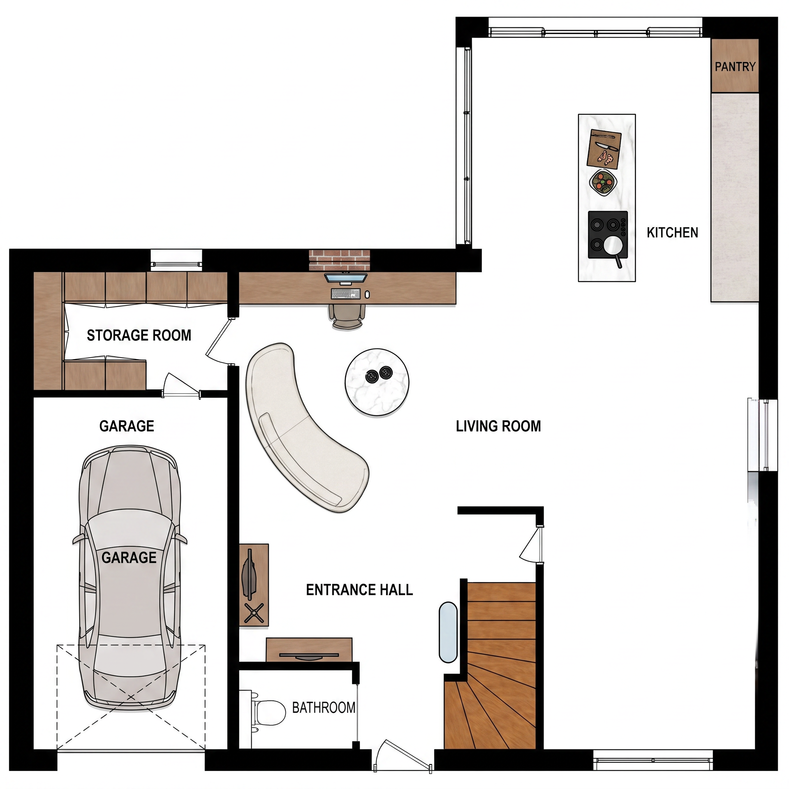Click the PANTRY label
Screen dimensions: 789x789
735,67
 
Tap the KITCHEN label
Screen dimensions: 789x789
672,233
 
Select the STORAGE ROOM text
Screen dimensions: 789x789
139,335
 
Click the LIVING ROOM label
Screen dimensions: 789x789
498,426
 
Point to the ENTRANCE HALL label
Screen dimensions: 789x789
359,590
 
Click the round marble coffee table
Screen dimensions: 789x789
377,382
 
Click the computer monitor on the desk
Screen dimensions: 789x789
346,279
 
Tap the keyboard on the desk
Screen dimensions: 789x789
346,294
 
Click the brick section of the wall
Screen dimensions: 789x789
339,260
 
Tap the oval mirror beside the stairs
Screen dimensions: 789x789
448,632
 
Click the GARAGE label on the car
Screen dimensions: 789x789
129,557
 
